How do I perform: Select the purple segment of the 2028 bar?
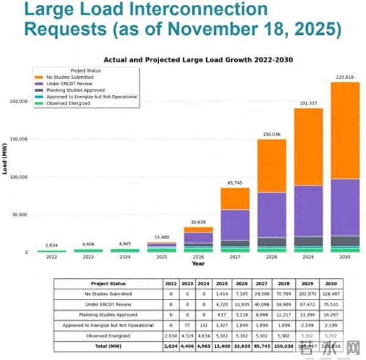pos(271,215)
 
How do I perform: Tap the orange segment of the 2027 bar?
pos(235,198)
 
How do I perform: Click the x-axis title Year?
pos(198,264)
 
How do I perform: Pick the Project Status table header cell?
pos(107,284)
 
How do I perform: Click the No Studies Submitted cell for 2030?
pos(330,294)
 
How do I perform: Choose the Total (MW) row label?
pos(107,346)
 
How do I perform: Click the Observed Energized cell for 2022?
pos(170,336)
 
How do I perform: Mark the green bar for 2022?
pos(52,251)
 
